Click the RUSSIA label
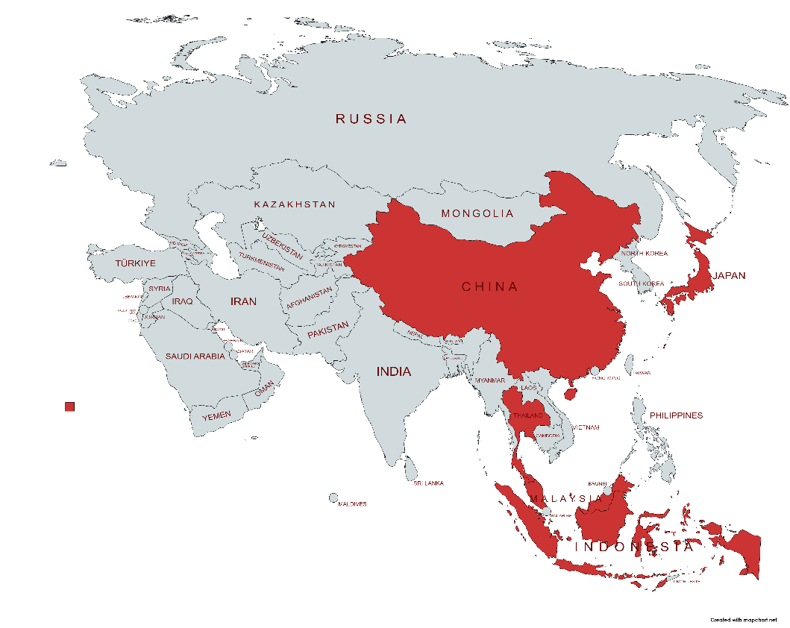(x=371, y=119)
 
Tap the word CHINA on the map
(x=489, y=286)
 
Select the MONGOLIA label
(x=477, y=213)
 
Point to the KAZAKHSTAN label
(x=295, y=204)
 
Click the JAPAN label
(x=729, y=275)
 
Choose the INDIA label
(x=393, y=371)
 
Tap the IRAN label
(x=243, y=301)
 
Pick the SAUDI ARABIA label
(x=195, y=357)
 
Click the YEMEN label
(x=216, y=415)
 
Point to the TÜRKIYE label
(x=135, y=263)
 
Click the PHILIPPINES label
(x=676, y=415)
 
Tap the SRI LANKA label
(x=429, y=483)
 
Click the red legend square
(x=70, y=406)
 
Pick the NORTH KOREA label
(x=645, y=254)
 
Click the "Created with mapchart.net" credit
(x=743, y=620)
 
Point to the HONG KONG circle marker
(x=595, y=371)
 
